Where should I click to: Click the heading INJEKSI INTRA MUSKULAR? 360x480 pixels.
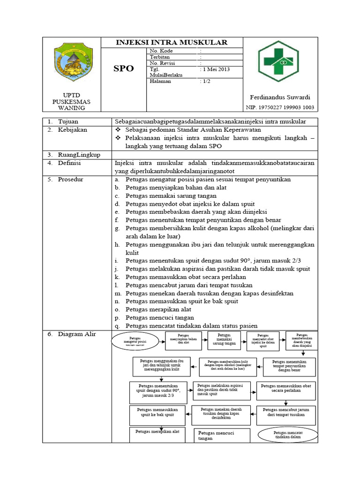pyautogui.click(x=172, y=43)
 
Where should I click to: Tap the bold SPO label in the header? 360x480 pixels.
pyautogui.click(x=124, y=68)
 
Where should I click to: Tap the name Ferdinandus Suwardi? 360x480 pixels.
pyautogui.click(x=280, y=97)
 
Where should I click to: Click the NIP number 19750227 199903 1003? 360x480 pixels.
pyautogui.click(x=280, y=107)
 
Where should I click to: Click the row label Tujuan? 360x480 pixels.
pyautogui.click(x=68, y=121)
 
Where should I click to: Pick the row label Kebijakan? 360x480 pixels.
pyautogui.click(x=72, y=130)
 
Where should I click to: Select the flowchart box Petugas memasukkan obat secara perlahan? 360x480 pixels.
pyautogui.click(x=285, y=389)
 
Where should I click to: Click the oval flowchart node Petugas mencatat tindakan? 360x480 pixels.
pyautogui.click(x=288, y=435)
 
